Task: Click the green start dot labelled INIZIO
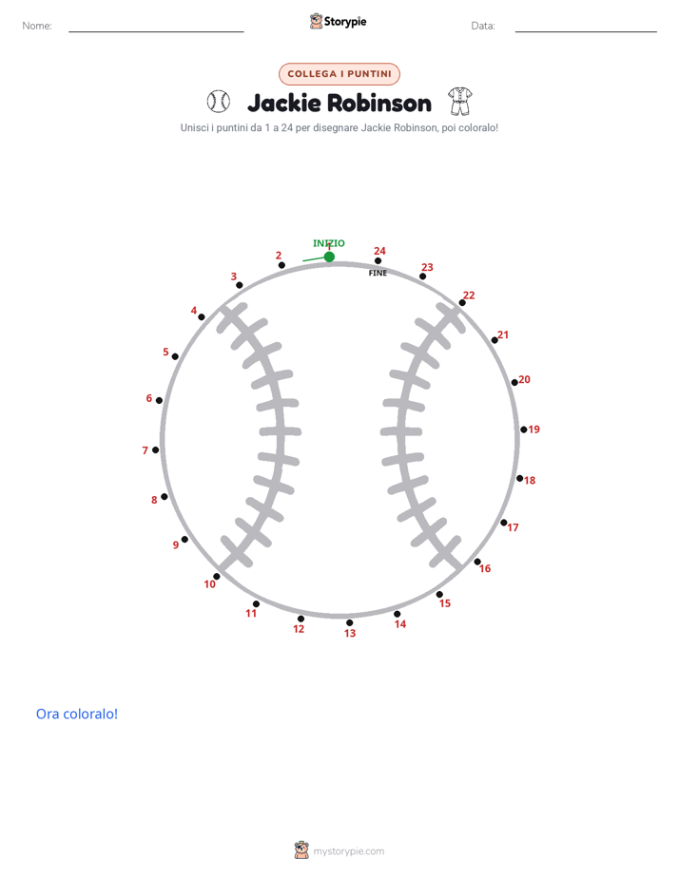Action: tap(329, 257)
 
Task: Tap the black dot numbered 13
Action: tap(350, 622)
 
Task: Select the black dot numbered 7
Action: tap(156, 449)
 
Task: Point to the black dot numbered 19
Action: tap(524, 429)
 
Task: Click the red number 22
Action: tap(469, 296)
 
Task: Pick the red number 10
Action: tap(209, 584)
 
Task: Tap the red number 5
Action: tap(165, 352)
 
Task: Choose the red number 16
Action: tap(485, 568)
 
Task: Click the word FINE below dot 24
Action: tap(378, 273)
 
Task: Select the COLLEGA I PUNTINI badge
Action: tap(339, 74)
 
